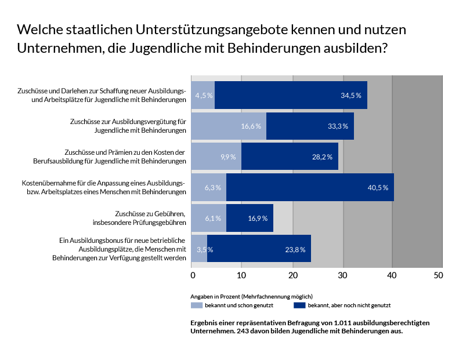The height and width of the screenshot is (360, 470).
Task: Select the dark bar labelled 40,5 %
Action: pos(310,187)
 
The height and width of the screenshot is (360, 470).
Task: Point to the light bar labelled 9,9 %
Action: pos(216,157)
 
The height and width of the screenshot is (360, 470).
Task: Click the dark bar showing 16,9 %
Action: pos(250,218)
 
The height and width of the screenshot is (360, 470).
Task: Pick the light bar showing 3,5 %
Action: pos(199,249)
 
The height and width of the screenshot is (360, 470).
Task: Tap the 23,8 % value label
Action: pos(296,249)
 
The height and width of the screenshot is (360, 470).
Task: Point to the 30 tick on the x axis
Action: pos(343,274)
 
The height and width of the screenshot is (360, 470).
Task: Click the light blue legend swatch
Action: pos(197,305)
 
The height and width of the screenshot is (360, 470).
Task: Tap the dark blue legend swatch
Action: pos(299,305)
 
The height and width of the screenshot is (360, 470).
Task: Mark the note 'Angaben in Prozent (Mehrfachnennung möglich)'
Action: pos(252,296)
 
